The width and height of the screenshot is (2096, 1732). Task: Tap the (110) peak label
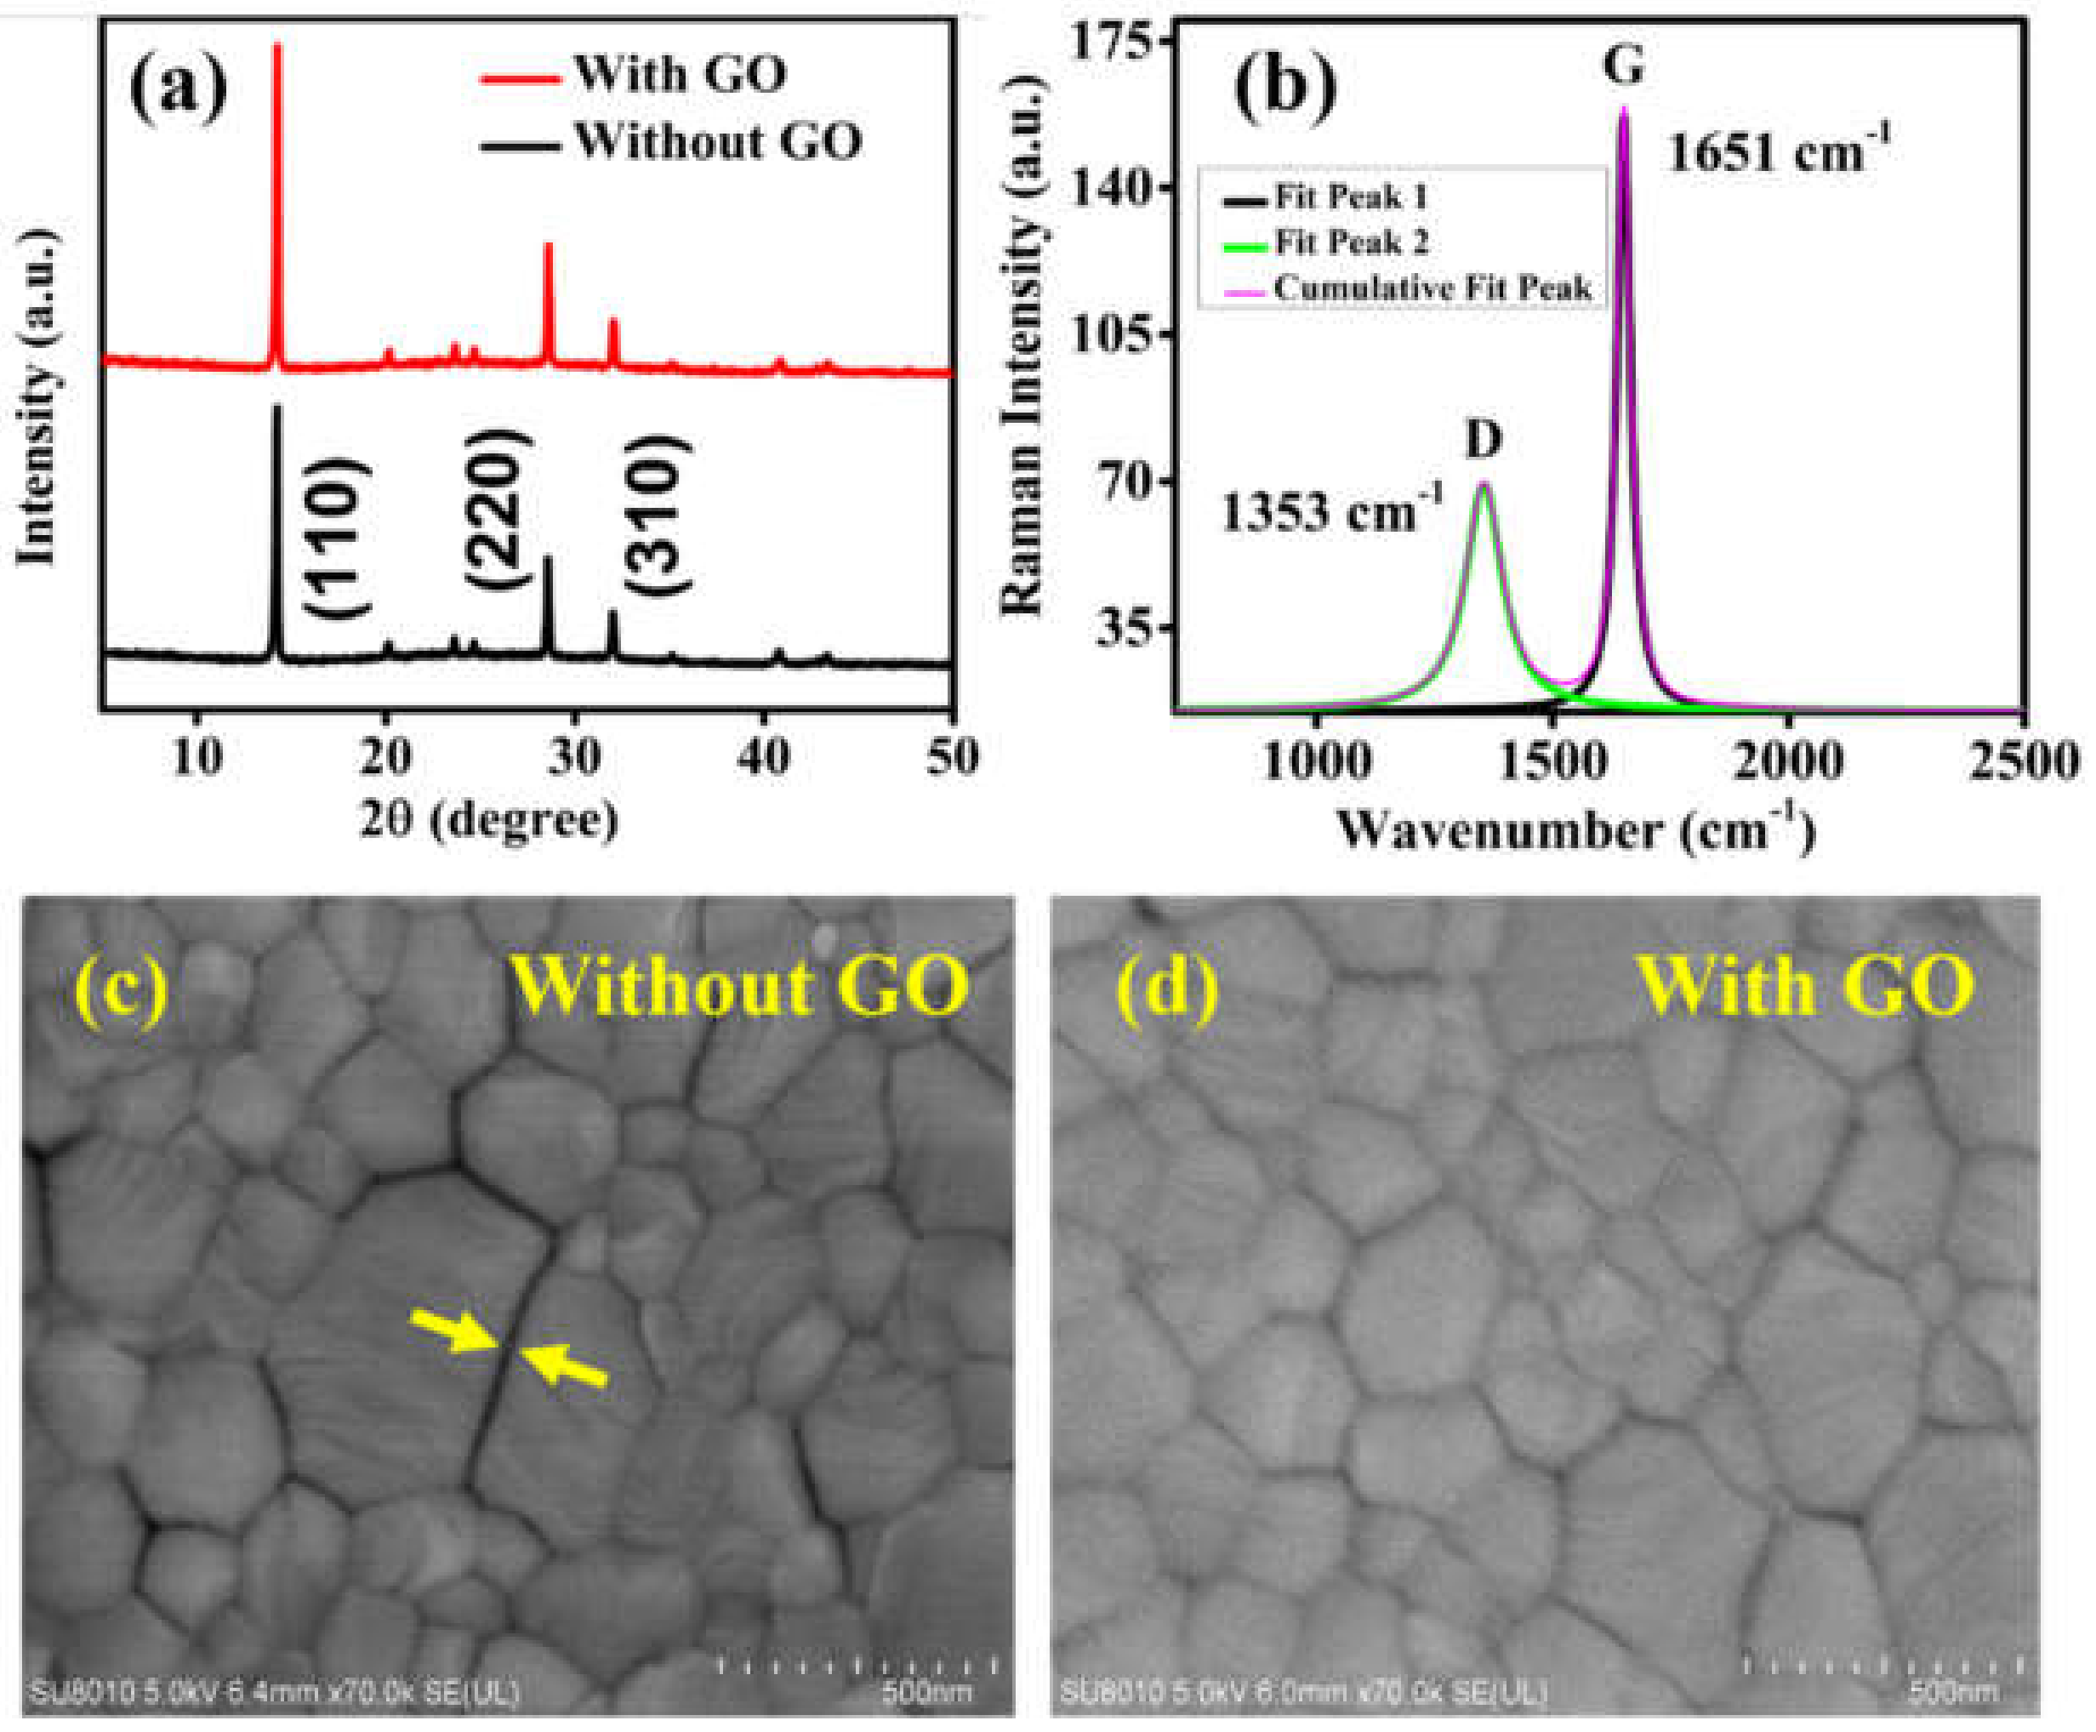[x=337, y=538]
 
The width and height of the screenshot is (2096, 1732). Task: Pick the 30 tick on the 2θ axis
[x=573, y=757]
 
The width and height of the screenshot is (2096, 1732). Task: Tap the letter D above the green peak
[x=1484, y=439]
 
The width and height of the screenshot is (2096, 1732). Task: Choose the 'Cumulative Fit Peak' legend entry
[x=1432, y=288]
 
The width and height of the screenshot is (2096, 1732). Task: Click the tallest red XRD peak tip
[x=277, y=46]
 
